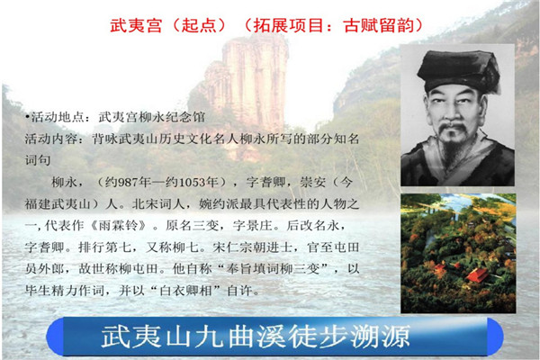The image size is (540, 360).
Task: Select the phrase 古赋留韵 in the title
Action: [x=379, y=25]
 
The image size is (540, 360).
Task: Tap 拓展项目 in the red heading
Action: [x=289, y=25]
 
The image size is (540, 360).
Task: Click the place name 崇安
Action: [x=312, y=182]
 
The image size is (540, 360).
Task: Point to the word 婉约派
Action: [x=218, y=204]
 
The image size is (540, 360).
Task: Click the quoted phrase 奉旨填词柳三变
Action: [x=273, y=269]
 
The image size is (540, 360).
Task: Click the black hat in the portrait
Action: [x=459, y=70]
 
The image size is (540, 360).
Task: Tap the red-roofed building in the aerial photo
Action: [x=477, y=275]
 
